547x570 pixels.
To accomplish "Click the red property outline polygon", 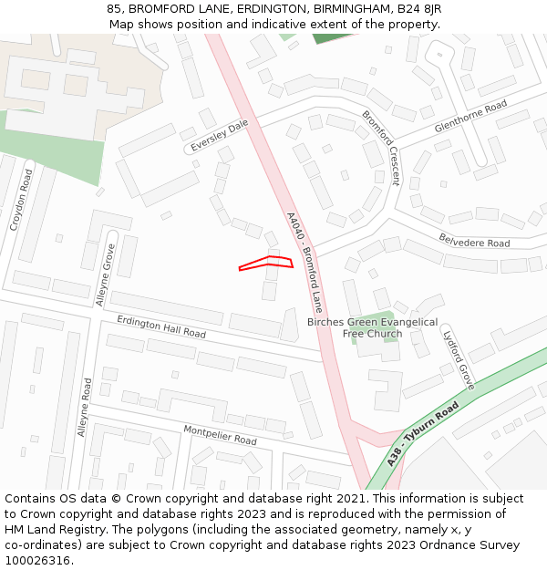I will pyautogui.click(x=266, y=263).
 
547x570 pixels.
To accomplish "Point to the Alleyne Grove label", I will pyautogui.click(x=106, y=275).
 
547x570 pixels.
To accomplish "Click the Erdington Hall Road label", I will pyautogui.click(x=161, y=326).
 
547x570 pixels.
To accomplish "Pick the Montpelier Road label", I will pyautogui.click(x=220, y=435).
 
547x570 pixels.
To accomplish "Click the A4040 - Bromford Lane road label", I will pyautogui.click(x=304, y=262).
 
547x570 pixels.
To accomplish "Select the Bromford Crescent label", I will pyautogui.click(x=381, y=147).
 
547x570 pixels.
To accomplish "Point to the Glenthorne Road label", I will pyautogui.click(x=470, y=118).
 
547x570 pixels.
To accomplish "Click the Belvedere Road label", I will pyautogui.click(x=474, y=244).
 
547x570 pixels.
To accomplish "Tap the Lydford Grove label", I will pyautogui.click(x=459, y=358).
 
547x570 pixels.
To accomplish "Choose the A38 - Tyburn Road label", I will pyautogui.click(x=421, y=438).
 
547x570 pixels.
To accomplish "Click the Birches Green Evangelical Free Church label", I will pyautogui.click(x=372, y=327).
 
